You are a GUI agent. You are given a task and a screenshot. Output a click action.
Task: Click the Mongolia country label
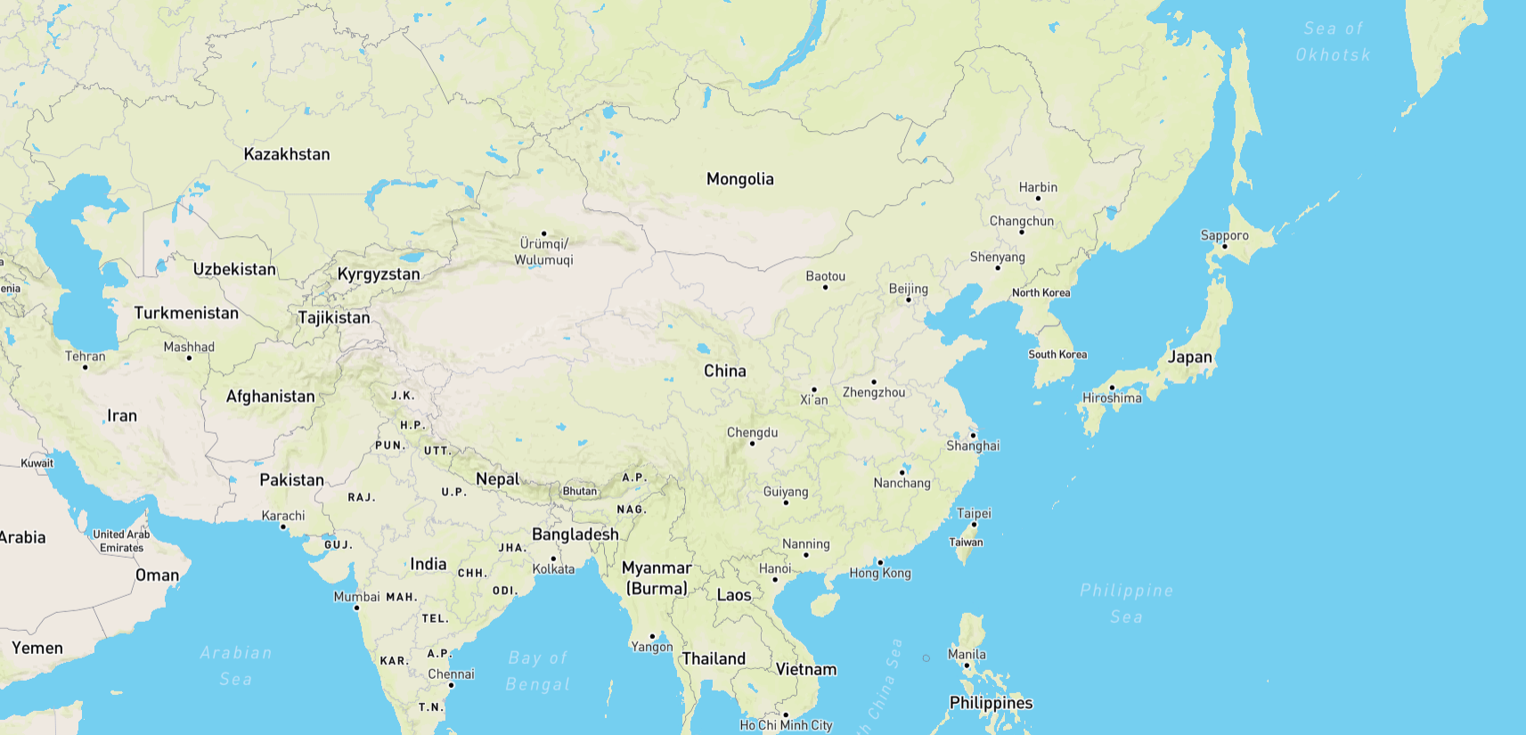739,179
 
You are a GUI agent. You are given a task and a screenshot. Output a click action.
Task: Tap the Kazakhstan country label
287,154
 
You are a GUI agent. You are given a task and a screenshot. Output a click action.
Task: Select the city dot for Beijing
908,299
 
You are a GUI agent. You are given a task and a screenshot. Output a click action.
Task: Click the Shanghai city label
973,445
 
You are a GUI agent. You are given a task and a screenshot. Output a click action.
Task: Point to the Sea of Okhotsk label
1333,41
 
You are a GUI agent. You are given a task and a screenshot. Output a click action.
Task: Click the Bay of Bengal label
537,671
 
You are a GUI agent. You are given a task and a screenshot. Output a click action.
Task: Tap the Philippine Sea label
1126,603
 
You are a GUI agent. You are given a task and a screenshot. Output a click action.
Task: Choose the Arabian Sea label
236,666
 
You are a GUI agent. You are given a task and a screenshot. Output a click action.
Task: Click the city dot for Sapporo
1224,247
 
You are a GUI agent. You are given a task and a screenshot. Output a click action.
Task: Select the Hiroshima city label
1112,398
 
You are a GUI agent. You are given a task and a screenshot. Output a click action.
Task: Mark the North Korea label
1040,292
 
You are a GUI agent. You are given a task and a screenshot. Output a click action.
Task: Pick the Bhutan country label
580,491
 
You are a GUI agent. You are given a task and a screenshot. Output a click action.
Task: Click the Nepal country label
497,479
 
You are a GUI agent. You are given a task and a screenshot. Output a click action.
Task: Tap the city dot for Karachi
283,527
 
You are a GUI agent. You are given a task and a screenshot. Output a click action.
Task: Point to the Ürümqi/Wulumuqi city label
543,251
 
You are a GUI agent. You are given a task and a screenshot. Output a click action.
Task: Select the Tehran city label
85,356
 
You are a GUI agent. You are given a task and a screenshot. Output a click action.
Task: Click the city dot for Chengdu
752,444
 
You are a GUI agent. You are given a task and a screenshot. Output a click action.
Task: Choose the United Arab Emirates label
121,541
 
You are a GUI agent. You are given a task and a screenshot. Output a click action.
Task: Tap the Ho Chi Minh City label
786,725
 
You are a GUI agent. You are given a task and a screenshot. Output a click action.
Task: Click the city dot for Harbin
1038,198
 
